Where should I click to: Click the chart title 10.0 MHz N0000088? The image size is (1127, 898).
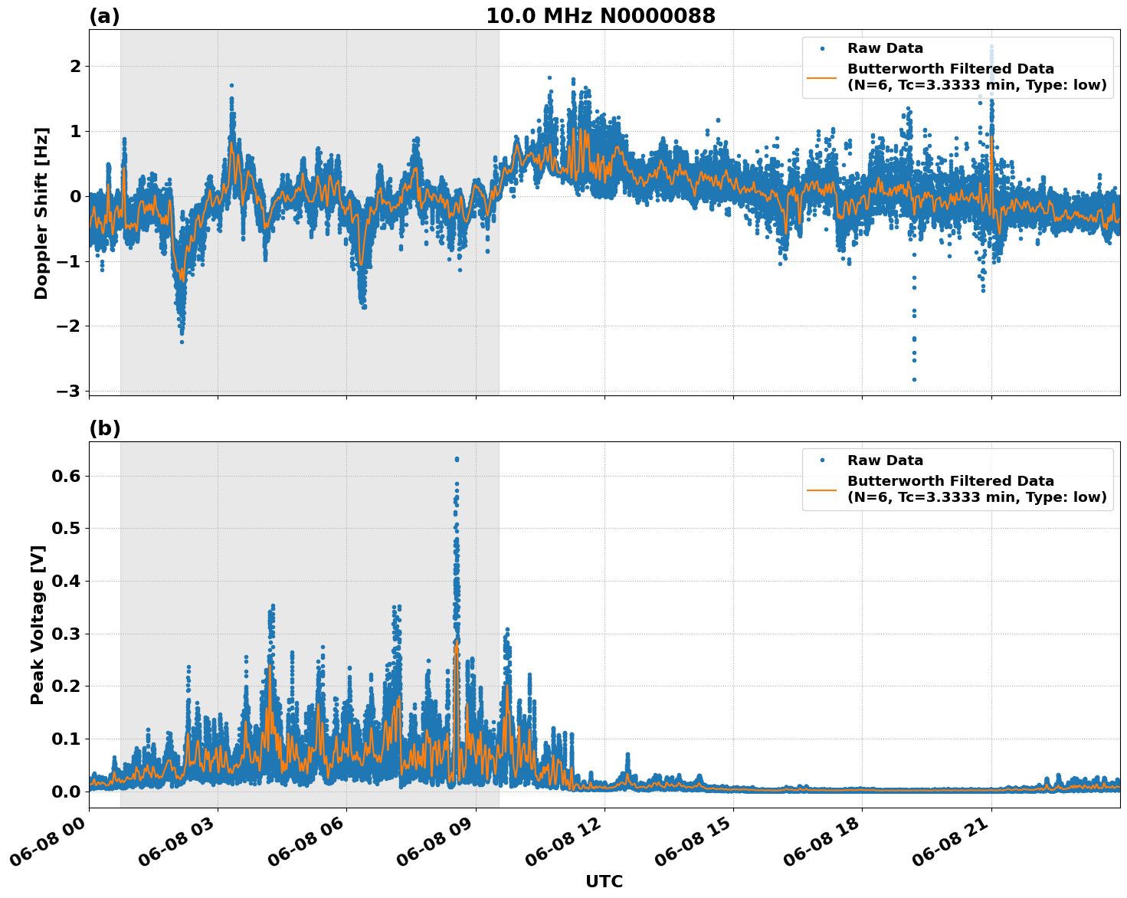(x=600, y=16)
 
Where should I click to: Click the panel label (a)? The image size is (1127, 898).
(x=104, y=16)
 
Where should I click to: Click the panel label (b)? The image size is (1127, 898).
(x=105, y=428)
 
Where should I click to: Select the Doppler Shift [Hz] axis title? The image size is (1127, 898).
(x=41, y=213)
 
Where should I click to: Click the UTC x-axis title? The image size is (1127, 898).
(x=604, y=881)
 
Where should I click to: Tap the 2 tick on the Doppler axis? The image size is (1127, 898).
(x=75, y=67)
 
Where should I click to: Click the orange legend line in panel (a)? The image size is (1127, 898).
(x=822, y=77)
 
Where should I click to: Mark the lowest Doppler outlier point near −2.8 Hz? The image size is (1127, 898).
(x=913, y=379)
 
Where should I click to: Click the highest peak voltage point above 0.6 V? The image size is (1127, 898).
(x=457, y=459)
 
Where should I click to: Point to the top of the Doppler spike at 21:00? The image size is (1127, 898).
(x=991, y=46)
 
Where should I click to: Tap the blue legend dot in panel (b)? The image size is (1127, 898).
(x=822, y=460)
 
